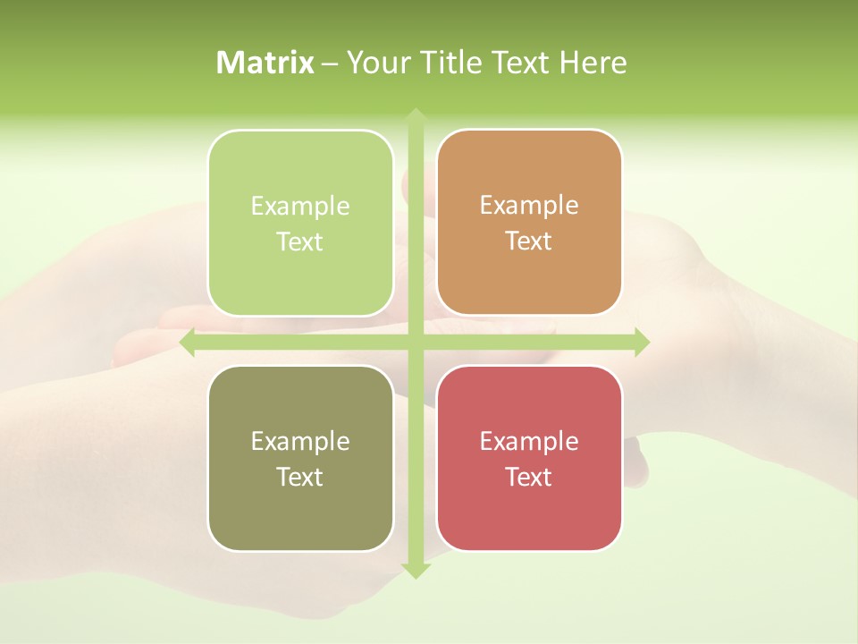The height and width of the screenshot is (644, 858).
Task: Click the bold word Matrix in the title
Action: pos(265,63)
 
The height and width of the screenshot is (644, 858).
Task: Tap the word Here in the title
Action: pos(593,63)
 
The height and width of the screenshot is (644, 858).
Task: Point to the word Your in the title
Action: pos(377,63)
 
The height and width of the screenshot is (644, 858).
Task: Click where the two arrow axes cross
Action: pos(416,343)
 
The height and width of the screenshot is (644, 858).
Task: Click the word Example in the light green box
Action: pos(300,206)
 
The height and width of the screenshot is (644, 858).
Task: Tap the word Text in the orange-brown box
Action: pos(529,241)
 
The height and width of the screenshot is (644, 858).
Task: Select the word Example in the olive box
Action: pos(300,441)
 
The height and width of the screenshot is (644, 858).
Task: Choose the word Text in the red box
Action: pos(529,477)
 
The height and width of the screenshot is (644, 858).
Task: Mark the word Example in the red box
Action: pos(529,441)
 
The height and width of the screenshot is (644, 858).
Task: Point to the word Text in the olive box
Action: pos(300,477)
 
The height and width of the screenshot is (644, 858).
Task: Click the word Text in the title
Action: pos(521,63)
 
